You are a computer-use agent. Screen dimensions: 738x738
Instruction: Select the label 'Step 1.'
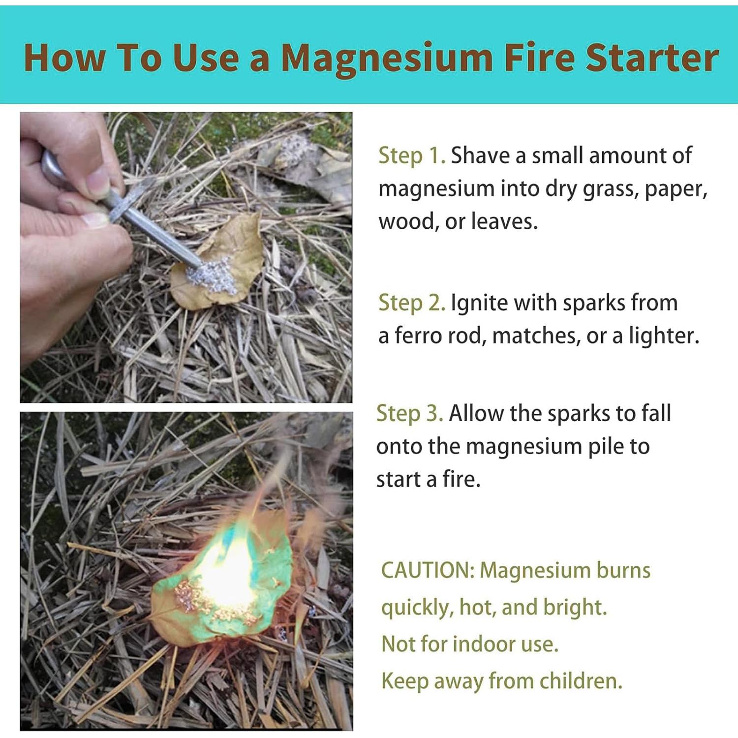[x=412, y=156]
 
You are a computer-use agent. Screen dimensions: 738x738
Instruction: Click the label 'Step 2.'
[x=412, y=303]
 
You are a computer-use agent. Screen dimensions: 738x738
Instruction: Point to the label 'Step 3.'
[x=409, y=414]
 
